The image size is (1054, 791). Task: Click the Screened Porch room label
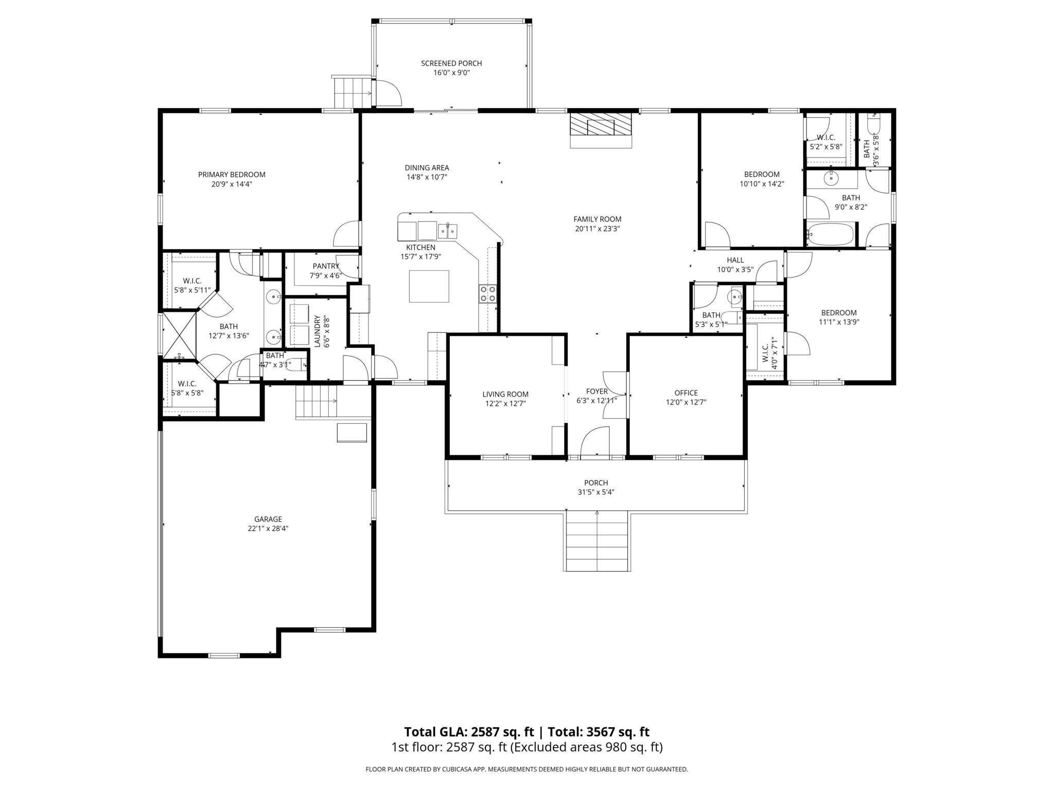[x=451, y=63]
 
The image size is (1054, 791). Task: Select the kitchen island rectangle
[x=429, y=286]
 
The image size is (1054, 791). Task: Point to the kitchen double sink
[x=448, y=231]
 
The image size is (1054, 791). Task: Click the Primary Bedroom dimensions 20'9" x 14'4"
[x=232, y=184]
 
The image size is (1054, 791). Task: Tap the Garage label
[x=268, y=519]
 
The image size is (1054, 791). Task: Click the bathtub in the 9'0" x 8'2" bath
[x=831, y=234]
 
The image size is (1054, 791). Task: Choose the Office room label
[x=686, y=393]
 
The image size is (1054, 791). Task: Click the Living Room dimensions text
[x=506, y=404]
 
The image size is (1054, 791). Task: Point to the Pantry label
[x=325, y=266]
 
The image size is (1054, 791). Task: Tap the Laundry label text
[x=318, y=331]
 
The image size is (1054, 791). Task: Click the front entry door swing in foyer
[x=595, y=443]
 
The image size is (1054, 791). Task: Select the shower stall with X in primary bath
[x=179, y=335]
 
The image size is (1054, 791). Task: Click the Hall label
[x=735, y=260]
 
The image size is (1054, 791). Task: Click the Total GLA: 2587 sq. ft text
[x=468, y=732]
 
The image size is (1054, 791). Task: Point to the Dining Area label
[x=427, y=167]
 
